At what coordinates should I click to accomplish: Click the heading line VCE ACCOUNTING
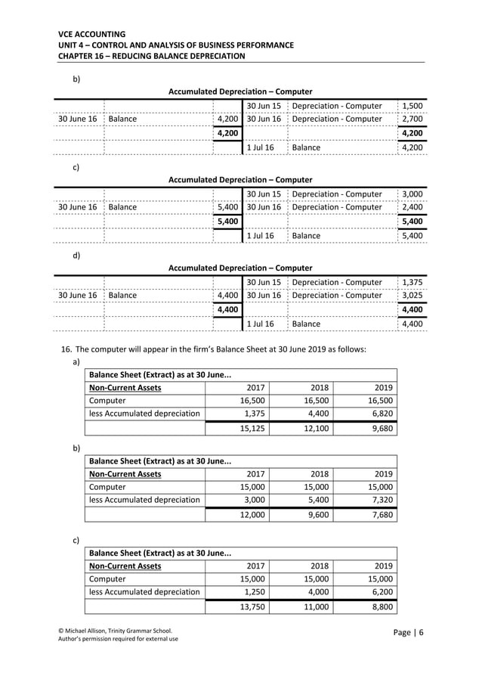[x=91, y=34]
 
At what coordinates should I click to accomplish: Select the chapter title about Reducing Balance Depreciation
[x=151, y=56]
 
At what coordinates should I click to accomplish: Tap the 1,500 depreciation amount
[x=412, y=106]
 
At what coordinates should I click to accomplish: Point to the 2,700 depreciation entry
[x=412, y=119]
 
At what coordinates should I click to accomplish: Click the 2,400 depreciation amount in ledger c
[x=412, y=207]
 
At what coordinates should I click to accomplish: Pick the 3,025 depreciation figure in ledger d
[x=412, y=295]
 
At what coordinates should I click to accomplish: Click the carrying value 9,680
[x=380, y=429]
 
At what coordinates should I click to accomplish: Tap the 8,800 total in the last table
[x=380, y=606]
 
